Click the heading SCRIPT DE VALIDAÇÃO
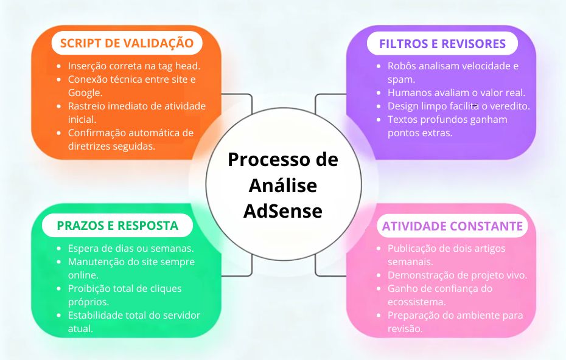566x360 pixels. [127, 43]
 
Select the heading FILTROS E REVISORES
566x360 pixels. [442, 43]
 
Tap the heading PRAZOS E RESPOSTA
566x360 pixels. [117, 226]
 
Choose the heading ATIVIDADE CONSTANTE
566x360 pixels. [452, 226]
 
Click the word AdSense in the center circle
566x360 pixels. [283, 211]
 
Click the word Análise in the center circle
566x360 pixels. [283, 185]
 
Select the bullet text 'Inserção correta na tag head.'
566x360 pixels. [135, 66]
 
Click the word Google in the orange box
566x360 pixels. [85, 92]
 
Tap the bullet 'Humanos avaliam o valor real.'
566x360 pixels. [456, 92]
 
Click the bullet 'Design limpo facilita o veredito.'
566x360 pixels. [459, 106]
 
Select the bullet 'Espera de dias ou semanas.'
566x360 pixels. [131, 248]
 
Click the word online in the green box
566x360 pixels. [83, 275]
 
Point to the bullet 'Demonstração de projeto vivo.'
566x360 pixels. [457, 275]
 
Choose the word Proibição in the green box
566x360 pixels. [90, 288]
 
